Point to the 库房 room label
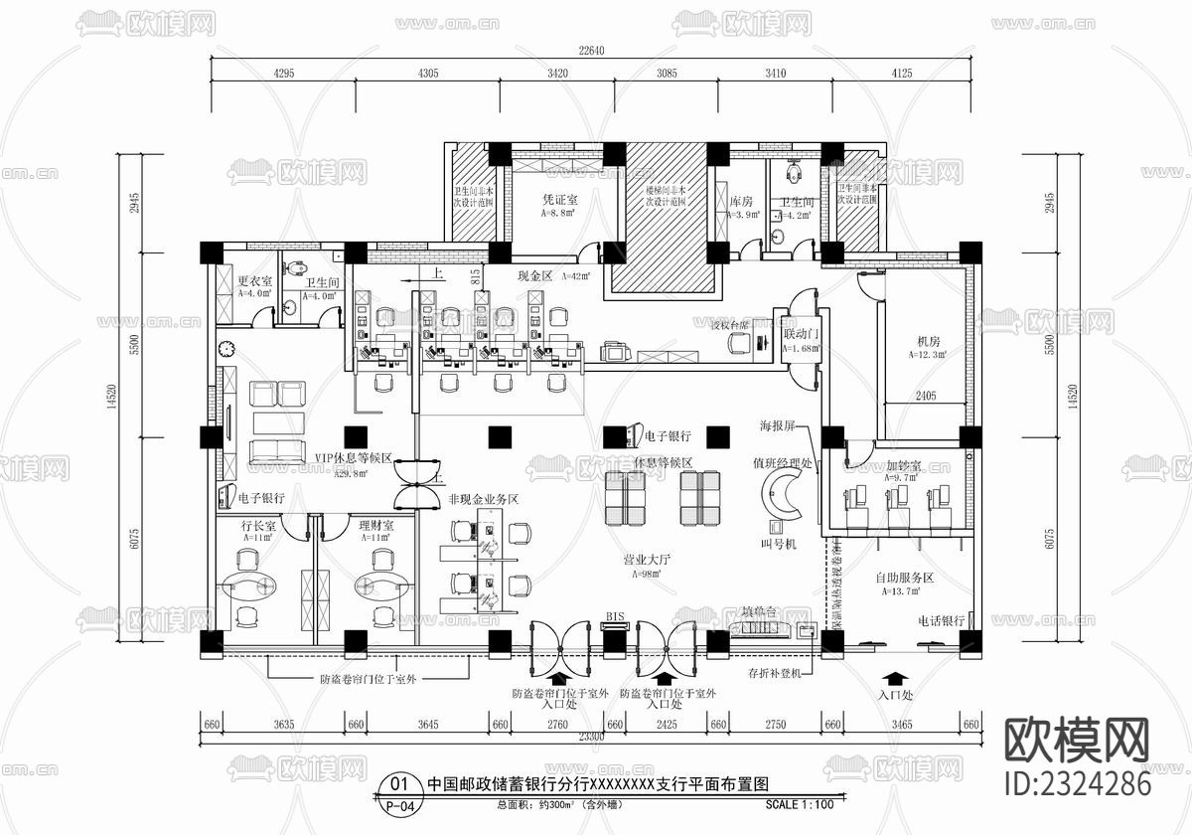[742, 201]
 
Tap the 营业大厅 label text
[648, 561]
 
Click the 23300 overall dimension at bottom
[589, 737]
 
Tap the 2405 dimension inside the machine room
[924, 396]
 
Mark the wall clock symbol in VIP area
[226, 349]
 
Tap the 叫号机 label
[778, 544]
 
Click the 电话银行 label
[941, 620]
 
